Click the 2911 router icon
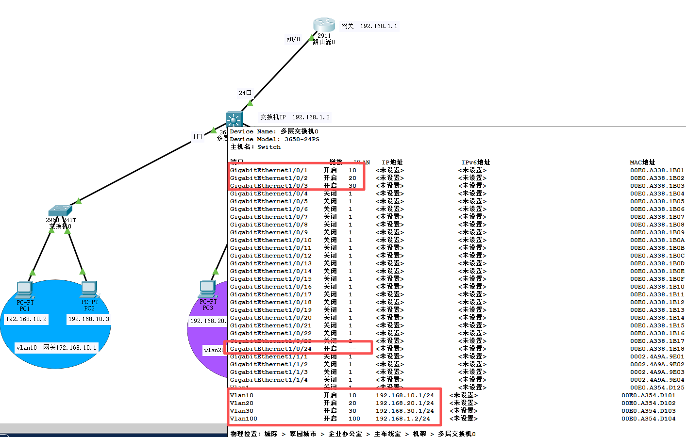click(x=324, y=25)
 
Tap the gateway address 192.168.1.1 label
click(x=369, y=26)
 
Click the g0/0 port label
click(x=293, y=39)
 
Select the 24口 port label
click(x=245, y=93)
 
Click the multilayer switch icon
click(x=234, y=119)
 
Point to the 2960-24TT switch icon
click(x=60, y=211)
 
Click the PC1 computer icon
click(x=25, y=290)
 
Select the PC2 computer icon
click(x=89, y=290)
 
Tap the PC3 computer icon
click(x=208, y=289)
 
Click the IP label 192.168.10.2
click(x=26, y=319)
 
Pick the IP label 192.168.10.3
click(x=89, y=319)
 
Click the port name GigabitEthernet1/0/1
click(x=269, y=170)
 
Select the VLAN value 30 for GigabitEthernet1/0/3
click(x=352, y=186)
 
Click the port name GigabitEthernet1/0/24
click(x=271, y=349)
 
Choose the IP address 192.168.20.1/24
click(x=404, y=403)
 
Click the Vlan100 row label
click(x=244, y=419)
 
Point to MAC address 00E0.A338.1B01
click(x=657, y=170)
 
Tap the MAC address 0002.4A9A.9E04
click(x=657, y=380)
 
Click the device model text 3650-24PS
click(x=302, y=139)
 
